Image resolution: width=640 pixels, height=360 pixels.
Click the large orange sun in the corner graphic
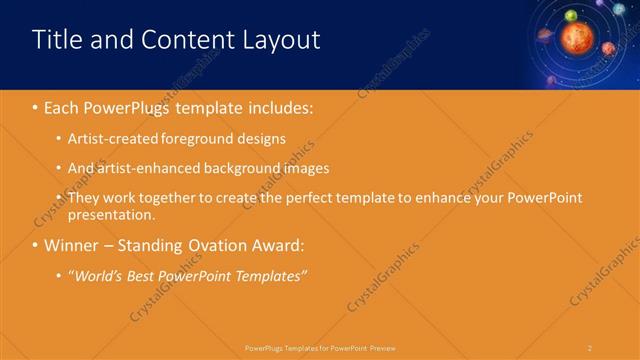pos(577,38)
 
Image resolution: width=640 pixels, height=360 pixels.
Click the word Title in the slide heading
pos(56,40)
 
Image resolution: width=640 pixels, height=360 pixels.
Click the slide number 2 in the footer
pos(590,347)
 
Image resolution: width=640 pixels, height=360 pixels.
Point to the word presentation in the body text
pos(110,214)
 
